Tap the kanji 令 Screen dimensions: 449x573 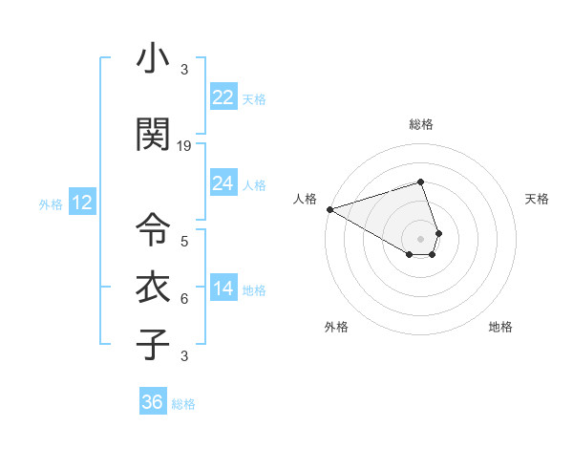(154, 229)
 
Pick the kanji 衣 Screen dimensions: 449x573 (154, 287)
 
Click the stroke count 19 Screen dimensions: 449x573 (184, 146)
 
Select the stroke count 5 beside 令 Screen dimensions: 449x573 (184, 242)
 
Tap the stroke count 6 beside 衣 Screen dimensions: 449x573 (184, 299)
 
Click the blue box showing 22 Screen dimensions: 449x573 (223, 97)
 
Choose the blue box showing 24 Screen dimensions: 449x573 (223, 183)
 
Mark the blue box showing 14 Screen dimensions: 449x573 (223, 289)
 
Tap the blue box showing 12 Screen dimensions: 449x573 (81, 203)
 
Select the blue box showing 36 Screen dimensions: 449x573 (152, 402)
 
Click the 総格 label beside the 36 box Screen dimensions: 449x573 (183, 404)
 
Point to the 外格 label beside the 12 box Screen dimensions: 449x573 (51, 203)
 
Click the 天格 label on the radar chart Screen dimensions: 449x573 (537, 199)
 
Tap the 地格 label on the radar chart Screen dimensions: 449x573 (500, 327)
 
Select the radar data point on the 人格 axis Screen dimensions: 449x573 (329, 209)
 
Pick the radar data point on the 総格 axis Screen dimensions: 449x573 (420, 182)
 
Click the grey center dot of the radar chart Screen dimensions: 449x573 (420, 238)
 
